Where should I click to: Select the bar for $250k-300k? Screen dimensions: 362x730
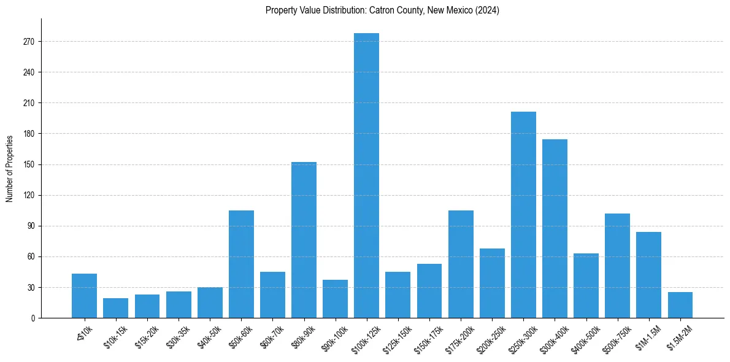click(523, 215)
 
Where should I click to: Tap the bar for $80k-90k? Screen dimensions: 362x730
click(304, 240)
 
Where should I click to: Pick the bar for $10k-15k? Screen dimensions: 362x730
click(115, 308)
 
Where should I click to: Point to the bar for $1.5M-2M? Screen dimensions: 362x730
click(680, 305)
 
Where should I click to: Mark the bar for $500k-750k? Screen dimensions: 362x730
click(617, 266)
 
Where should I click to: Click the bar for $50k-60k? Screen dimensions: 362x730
click(241, 264)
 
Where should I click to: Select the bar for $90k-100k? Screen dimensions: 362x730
click(335, 299)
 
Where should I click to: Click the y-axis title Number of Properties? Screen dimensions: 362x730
click(9, 168)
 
